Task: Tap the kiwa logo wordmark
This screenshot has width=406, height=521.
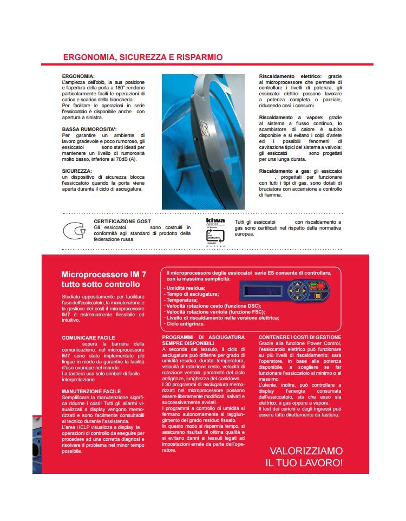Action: [215, 222]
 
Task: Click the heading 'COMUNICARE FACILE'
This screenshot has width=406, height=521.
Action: [88, 337]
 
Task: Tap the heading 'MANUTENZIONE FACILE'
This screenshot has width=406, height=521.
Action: [91, 390]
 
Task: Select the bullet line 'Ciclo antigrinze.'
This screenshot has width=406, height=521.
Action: [186, 323]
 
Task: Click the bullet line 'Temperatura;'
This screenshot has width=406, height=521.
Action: [182, 299]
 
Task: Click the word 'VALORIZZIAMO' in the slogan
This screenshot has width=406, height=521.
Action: [306, 451]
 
